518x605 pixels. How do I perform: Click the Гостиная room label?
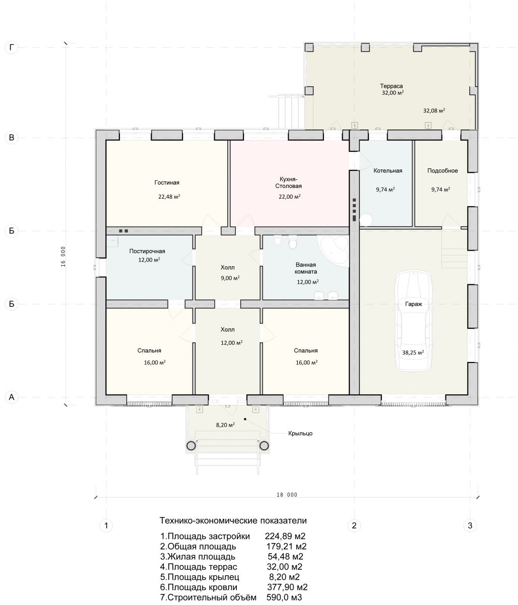click(x=167, y=183)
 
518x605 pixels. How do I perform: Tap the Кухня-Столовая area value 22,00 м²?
click(x=290, y=197)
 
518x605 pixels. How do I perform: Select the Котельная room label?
click(x=387, y=170)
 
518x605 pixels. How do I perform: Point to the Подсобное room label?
click(x=442, y=170)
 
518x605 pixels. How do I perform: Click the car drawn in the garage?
click(x=413, y=321)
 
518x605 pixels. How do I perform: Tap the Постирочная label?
click(x=147, y=251)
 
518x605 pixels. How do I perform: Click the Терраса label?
click(x=392, y=86)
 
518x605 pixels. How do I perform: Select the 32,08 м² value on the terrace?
click(x=434, y=110)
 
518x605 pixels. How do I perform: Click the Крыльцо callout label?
click(x=300, y=433)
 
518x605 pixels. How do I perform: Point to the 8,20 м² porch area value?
click(x=225, y=425)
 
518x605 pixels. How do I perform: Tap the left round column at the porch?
click(x=191, y=446)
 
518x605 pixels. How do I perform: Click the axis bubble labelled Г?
click(x=12, y=47)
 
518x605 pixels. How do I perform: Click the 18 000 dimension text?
click(x=287, y=495)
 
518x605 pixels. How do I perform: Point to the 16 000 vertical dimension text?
click(x=63, y=257)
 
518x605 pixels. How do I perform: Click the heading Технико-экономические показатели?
click(x=233, y=520)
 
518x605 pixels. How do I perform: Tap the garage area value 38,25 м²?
click(x=413, y=352)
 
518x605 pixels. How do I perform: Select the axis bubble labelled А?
click(x=12, y=397)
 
